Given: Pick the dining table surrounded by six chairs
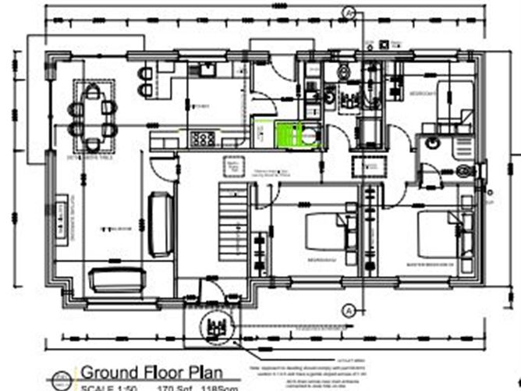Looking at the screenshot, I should tap(95, 115).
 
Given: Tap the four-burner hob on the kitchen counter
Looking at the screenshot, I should tap(203, 138).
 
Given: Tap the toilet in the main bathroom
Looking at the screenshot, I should tap(344, 73).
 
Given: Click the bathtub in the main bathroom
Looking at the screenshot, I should tap(368, 94).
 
